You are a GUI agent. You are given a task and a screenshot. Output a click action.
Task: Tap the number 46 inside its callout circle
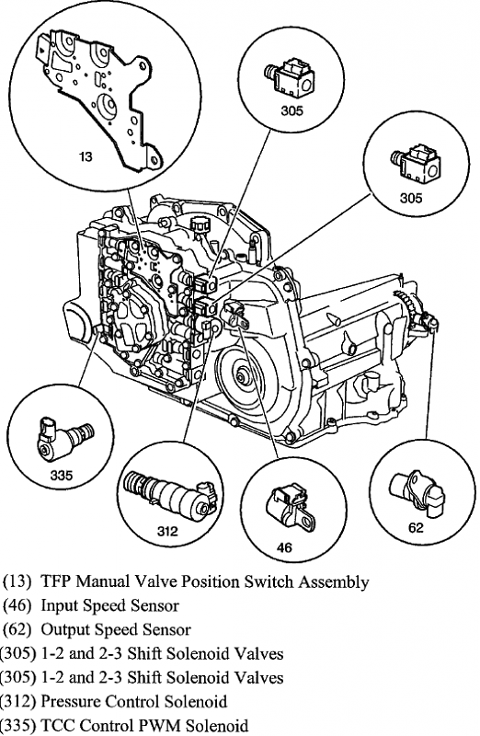tap(284, 547)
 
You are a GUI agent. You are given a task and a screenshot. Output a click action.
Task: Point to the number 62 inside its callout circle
tap(417, 528)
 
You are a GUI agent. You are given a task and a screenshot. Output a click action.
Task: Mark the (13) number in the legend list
tap(16, 581)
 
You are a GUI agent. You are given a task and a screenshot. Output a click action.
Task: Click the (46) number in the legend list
tap(16, 605)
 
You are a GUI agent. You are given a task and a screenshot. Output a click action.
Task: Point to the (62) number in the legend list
tap(16, 629)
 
